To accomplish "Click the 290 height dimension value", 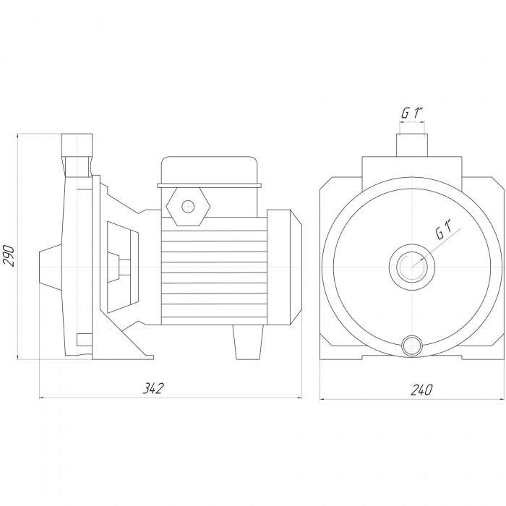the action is (x=9, y=256).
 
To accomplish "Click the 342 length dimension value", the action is (x=153, y=389).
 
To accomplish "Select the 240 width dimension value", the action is (x=421, y=390).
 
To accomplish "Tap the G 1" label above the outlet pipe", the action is (x=412, y=113).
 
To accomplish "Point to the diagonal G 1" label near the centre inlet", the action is (x=445, y=229).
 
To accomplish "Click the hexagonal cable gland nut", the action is (x=188, y=207).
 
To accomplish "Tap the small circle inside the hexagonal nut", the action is (x=188, y=207).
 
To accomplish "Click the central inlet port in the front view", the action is (x=411, y=267).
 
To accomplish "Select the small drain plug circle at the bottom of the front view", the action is (x=412, y=346).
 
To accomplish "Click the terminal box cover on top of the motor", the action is (x=209, y=172).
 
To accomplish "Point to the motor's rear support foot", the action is (x=248, y=342).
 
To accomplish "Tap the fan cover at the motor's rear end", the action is (x=284, y=267).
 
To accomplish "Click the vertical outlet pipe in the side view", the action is (x=77, y=155).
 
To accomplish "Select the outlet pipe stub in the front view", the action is (x=412, y=145).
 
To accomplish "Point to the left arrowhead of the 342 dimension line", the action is (x=42, y=398).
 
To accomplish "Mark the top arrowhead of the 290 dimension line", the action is (x=17, y=137).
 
